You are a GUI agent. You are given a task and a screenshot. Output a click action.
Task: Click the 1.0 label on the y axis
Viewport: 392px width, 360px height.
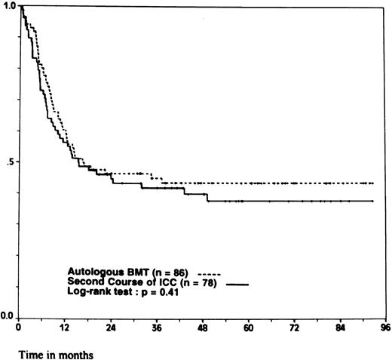(x=8, y=6)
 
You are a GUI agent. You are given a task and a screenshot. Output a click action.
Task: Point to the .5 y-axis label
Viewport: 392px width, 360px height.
(x=10, y=162)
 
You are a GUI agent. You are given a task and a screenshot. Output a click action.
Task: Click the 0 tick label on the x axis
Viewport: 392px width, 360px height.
(x=18, y=328)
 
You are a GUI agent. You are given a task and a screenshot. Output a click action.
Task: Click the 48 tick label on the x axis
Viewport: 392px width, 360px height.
(x=204, y=328)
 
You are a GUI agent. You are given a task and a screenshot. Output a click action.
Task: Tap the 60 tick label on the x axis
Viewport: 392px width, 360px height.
(x=250, y=328)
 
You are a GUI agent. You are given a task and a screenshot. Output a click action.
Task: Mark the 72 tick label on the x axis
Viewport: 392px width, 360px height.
(x=296, y=328)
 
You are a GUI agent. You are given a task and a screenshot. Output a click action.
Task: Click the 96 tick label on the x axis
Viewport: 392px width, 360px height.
(x=385, y=328)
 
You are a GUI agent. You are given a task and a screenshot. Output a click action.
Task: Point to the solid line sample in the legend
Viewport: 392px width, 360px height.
(x=237, y=284)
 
